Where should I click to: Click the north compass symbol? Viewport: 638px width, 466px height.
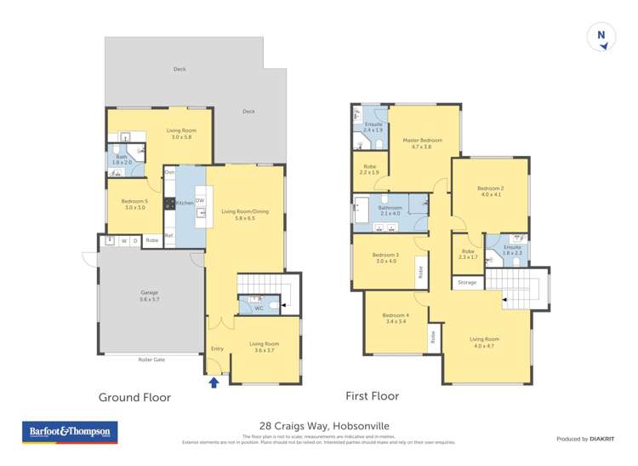(601, 37)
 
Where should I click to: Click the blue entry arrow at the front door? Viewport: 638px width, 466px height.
(214, 383)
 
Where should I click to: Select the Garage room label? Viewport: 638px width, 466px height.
(150, 296)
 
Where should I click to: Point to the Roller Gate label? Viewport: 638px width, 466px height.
(150, 360)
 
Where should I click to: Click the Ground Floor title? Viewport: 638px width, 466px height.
(134, 397)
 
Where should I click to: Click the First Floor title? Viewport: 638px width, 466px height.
(372, 396)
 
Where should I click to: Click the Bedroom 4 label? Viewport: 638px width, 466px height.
(396, 318)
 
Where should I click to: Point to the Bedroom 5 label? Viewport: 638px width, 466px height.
(135, 204)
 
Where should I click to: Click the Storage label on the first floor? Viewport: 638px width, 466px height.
(466, 282)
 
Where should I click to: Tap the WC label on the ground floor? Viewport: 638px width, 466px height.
(259, 308)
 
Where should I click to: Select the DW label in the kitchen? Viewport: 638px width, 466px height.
(199, 200)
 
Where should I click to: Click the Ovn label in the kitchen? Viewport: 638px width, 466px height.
(170, 173)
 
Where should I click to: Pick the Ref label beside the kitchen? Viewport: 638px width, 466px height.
(168, 236)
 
